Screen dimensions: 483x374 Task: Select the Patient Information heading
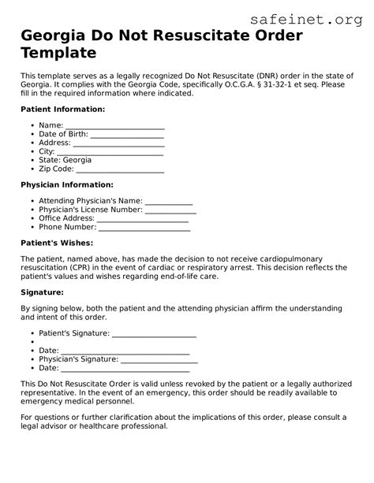click(x=62, y=109)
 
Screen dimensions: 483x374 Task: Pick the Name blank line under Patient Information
click(x=114, y=126)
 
